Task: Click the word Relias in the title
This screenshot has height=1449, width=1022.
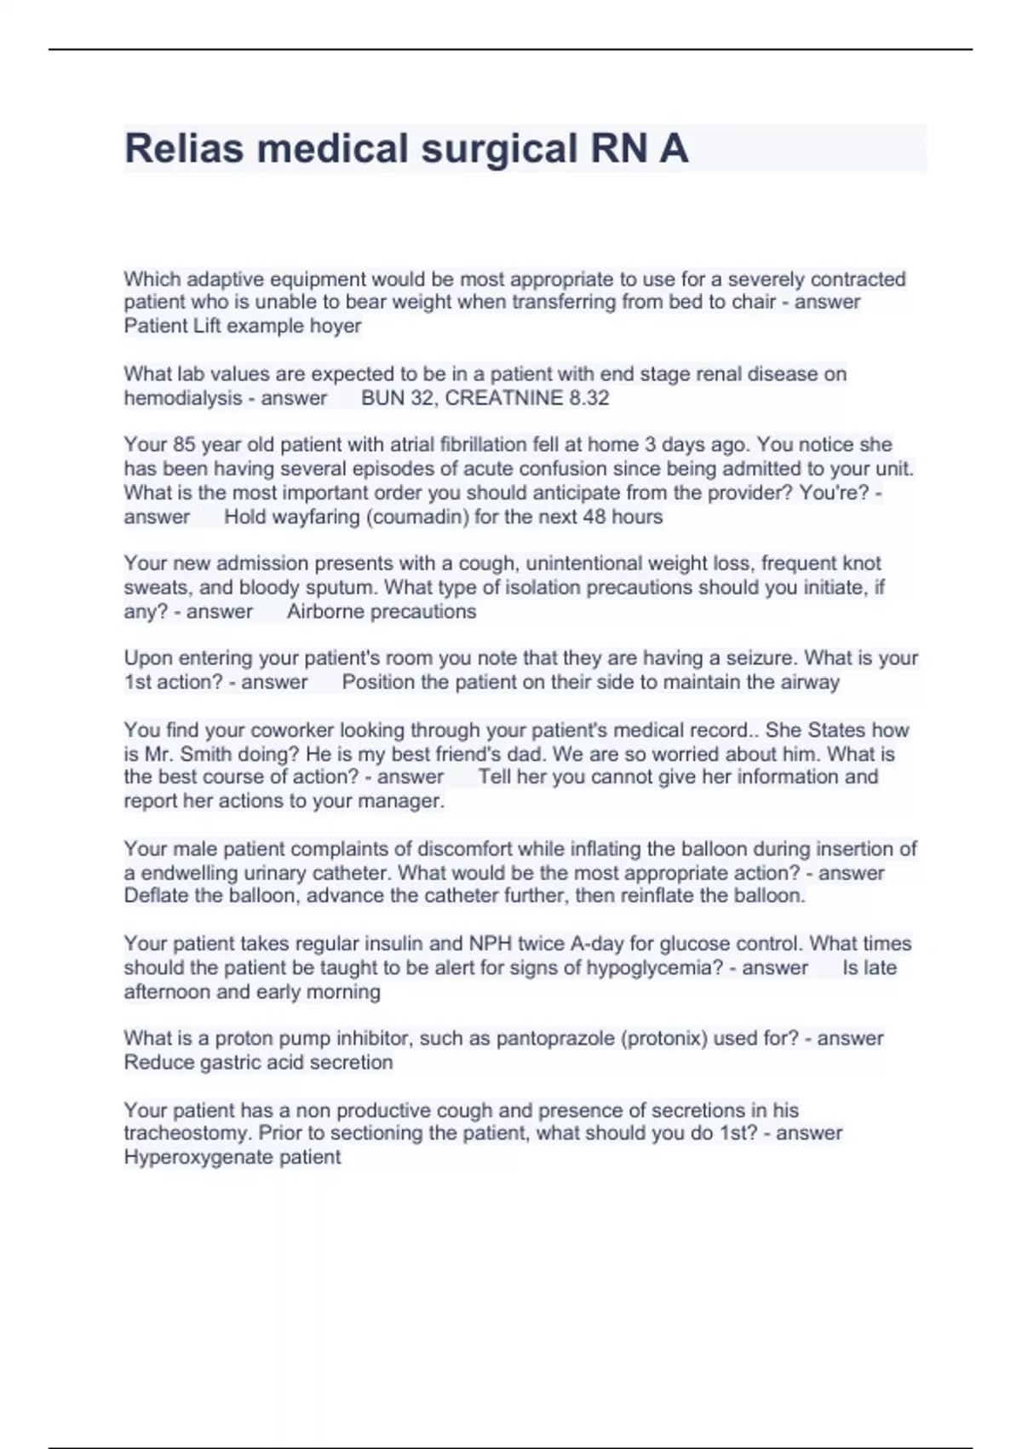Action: click(184, 148)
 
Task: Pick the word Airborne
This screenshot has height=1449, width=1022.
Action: click(323, 611)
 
